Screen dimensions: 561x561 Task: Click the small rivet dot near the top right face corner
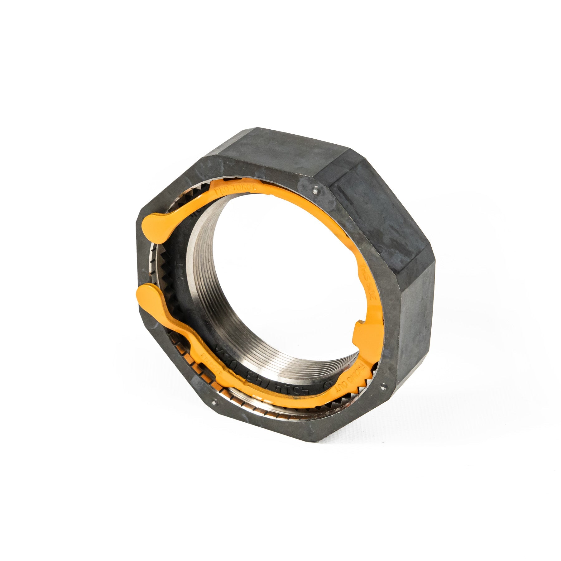pos(316,188)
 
